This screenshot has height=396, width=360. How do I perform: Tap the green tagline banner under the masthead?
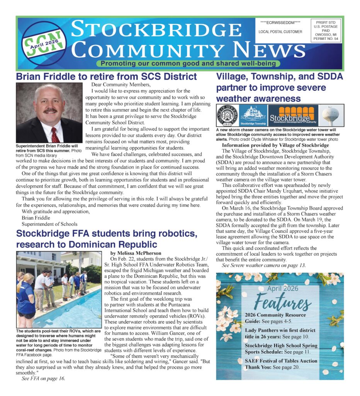tap(188, 63)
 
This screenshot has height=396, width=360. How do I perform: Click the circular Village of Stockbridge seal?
tap(227, 116)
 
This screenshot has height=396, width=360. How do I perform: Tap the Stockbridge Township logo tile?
tap(253, 115)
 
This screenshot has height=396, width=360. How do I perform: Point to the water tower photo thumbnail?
tap(330, 115)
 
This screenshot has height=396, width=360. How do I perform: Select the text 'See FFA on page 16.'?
tap(43, 379)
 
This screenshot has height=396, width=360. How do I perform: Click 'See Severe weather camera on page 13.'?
tap(263, 265)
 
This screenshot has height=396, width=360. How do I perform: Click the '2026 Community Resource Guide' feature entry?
tap(275, 318)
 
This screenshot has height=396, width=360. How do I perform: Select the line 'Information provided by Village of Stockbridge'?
tap(275, 145)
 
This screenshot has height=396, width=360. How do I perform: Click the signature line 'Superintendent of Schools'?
tap(49, 224)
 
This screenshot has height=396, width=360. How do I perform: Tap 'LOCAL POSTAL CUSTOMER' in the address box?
tap(280, 32)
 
